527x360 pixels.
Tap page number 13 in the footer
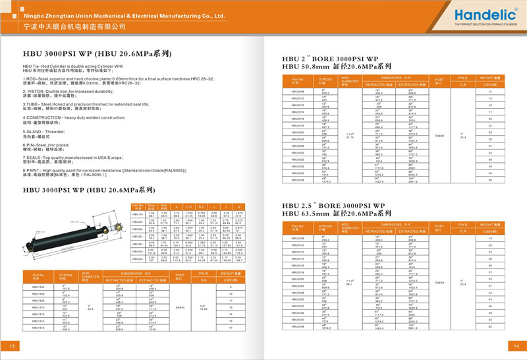click(11, 347)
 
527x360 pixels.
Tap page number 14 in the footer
click(516, 347)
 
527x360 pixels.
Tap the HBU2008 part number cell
click(298, 92)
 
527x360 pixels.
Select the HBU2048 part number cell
click(298, 179)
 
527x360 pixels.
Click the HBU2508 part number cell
click(298, 238)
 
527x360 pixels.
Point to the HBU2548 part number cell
click(298, 325)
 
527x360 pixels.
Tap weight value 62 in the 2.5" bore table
click(490, 325)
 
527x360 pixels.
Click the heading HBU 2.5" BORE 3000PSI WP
click(333, 206)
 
